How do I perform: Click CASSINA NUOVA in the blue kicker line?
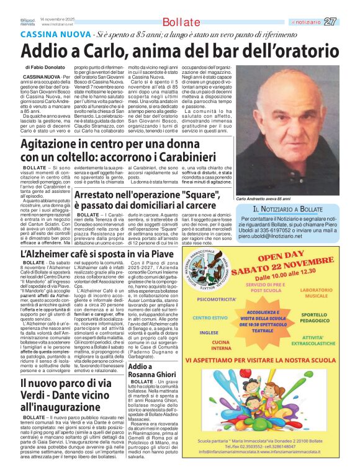pyautogui.click(x=53, y=33)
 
